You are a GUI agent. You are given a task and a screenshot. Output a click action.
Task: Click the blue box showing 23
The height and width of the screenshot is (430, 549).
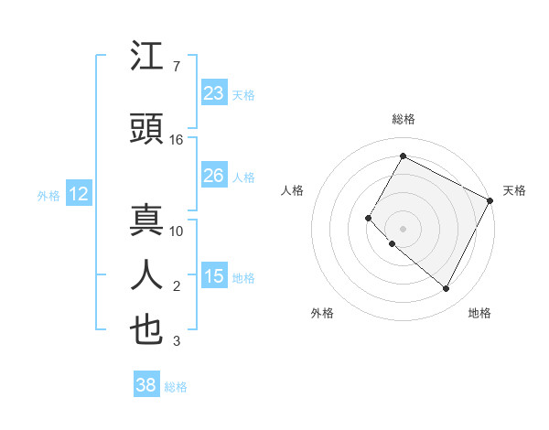(214, 92)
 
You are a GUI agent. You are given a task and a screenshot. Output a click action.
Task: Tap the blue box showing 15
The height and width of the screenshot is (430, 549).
(214, 275)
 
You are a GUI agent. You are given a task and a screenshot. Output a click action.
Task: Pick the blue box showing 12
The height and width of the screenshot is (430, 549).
(79, 193)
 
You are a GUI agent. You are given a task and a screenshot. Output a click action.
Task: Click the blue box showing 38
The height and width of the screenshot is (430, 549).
(146, 385)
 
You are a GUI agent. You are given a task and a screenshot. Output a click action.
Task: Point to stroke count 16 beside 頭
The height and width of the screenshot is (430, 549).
(178, 140)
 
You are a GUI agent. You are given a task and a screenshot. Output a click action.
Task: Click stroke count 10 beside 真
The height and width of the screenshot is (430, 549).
(178, 231)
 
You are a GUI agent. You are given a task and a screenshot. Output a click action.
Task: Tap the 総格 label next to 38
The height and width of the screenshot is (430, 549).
(177, 387)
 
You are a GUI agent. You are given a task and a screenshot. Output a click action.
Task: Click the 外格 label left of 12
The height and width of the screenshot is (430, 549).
(48, 195)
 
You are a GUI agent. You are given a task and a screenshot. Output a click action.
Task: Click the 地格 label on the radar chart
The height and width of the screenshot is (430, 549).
(479, 313)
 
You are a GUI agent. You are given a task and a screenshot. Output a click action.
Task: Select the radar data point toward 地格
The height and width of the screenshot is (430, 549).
(447, 289)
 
